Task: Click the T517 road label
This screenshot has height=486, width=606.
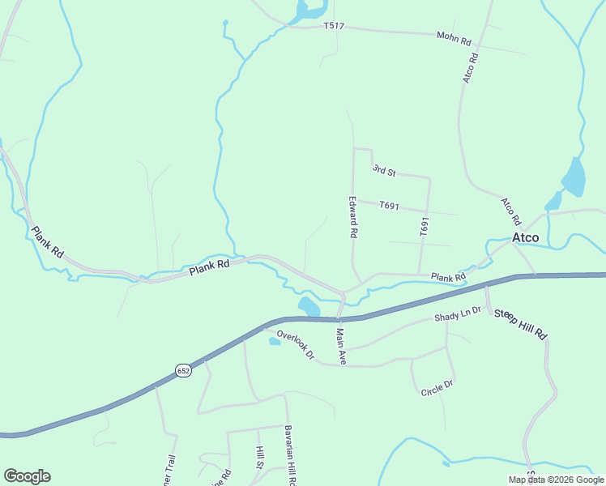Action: [334, 26]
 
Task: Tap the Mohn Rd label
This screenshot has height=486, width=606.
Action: [454, 36]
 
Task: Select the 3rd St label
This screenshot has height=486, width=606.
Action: [383, 170]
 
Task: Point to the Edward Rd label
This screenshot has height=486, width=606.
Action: [353, 216]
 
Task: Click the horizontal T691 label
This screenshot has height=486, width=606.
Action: [389, 206]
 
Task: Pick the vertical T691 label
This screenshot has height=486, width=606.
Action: [424, 227]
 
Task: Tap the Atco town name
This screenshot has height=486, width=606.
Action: [525, 237]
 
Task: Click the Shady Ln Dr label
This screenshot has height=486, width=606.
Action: [458, 313]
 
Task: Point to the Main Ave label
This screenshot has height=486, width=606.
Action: [341, 346]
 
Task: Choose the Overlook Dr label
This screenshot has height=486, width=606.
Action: [295, 345]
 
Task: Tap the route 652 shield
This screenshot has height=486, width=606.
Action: [184, 370]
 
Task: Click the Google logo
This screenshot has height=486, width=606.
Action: [27, 476]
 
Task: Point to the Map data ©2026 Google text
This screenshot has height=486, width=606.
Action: [555, 480]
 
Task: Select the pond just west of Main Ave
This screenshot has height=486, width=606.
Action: [309, 306]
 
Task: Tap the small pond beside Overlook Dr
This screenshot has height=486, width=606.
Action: [275, 341]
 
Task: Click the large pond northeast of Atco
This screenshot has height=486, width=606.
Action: [574, 177]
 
